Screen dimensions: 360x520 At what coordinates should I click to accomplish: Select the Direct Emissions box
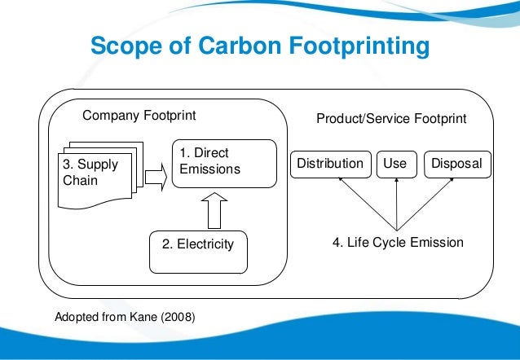(210, 162)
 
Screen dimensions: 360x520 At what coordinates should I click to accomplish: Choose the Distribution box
(329, 164)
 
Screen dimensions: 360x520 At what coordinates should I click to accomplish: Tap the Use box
(394, 164)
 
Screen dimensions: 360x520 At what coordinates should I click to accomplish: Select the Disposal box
(456, 164)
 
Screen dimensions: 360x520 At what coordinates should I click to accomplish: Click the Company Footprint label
(139, 116)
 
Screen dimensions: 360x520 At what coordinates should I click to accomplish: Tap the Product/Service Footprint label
(391, 119)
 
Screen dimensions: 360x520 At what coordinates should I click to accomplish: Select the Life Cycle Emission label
(398, 242)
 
